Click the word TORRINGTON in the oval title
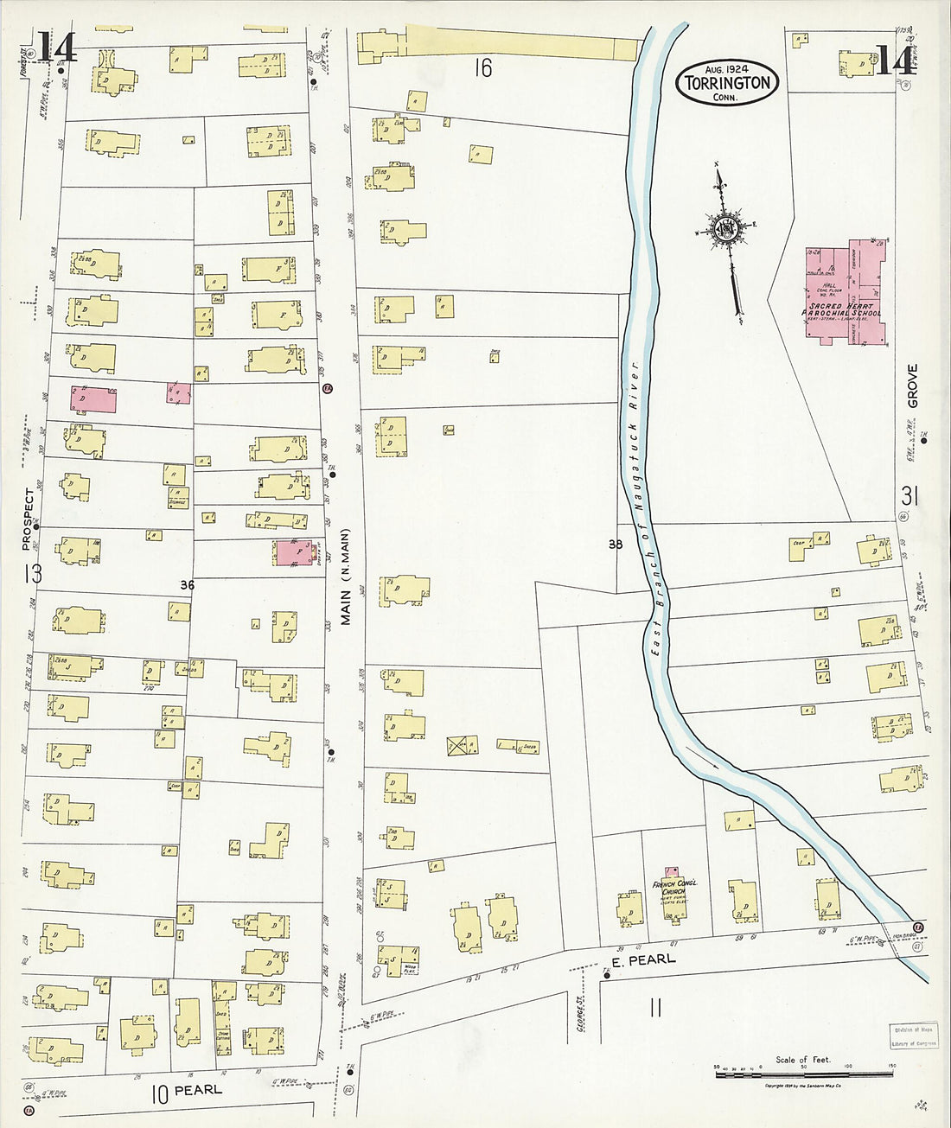tap(727, 83)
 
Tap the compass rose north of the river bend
tap(725, 229)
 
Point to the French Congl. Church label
tap(674, 888)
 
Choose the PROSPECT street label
tap(29, 519)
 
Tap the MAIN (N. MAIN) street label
tap(346, 577)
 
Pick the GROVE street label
tap(912, 386)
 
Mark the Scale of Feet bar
tap(803, 1068)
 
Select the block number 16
tap(482, 68)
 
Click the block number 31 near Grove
tap(909, 496)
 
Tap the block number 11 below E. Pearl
tap(655, 1007)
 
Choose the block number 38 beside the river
tap(615, 545)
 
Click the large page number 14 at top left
tap(57, 48)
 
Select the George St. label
tap(582, 1013)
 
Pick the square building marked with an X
tap(463, 745)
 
